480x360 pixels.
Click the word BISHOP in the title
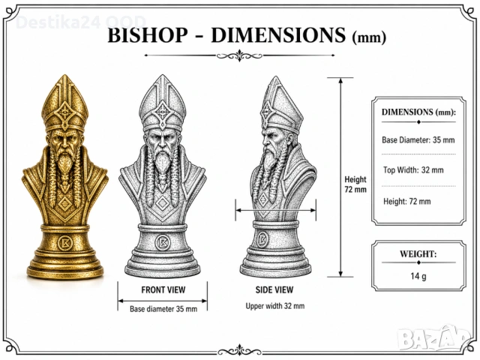point(148,34)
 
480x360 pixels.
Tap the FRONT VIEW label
point(163,289)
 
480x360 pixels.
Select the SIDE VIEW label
point(274,289)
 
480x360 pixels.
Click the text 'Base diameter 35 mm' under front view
point(163,309)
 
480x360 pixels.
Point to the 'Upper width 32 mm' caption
point(275,306)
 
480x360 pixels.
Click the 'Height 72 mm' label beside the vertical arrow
point(355,184)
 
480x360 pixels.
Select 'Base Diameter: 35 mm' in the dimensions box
point(418,140)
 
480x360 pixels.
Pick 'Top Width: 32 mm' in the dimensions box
point(413,170)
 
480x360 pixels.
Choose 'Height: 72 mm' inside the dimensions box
point(406,202)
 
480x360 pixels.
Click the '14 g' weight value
point(418,276)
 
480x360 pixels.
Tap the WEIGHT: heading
point(418,253)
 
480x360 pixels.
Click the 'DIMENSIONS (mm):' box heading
point(418,112)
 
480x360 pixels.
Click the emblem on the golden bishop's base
point(64,243)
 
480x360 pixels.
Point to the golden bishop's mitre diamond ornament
point(65,112)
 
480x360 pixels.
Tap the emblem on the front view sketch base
point(162,243)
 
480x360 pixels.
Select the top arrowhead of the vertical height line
point(340,80)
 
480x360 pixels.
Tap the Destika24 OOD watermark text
point(80,22)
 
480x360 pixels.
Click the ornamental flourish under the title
point(239,55)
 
